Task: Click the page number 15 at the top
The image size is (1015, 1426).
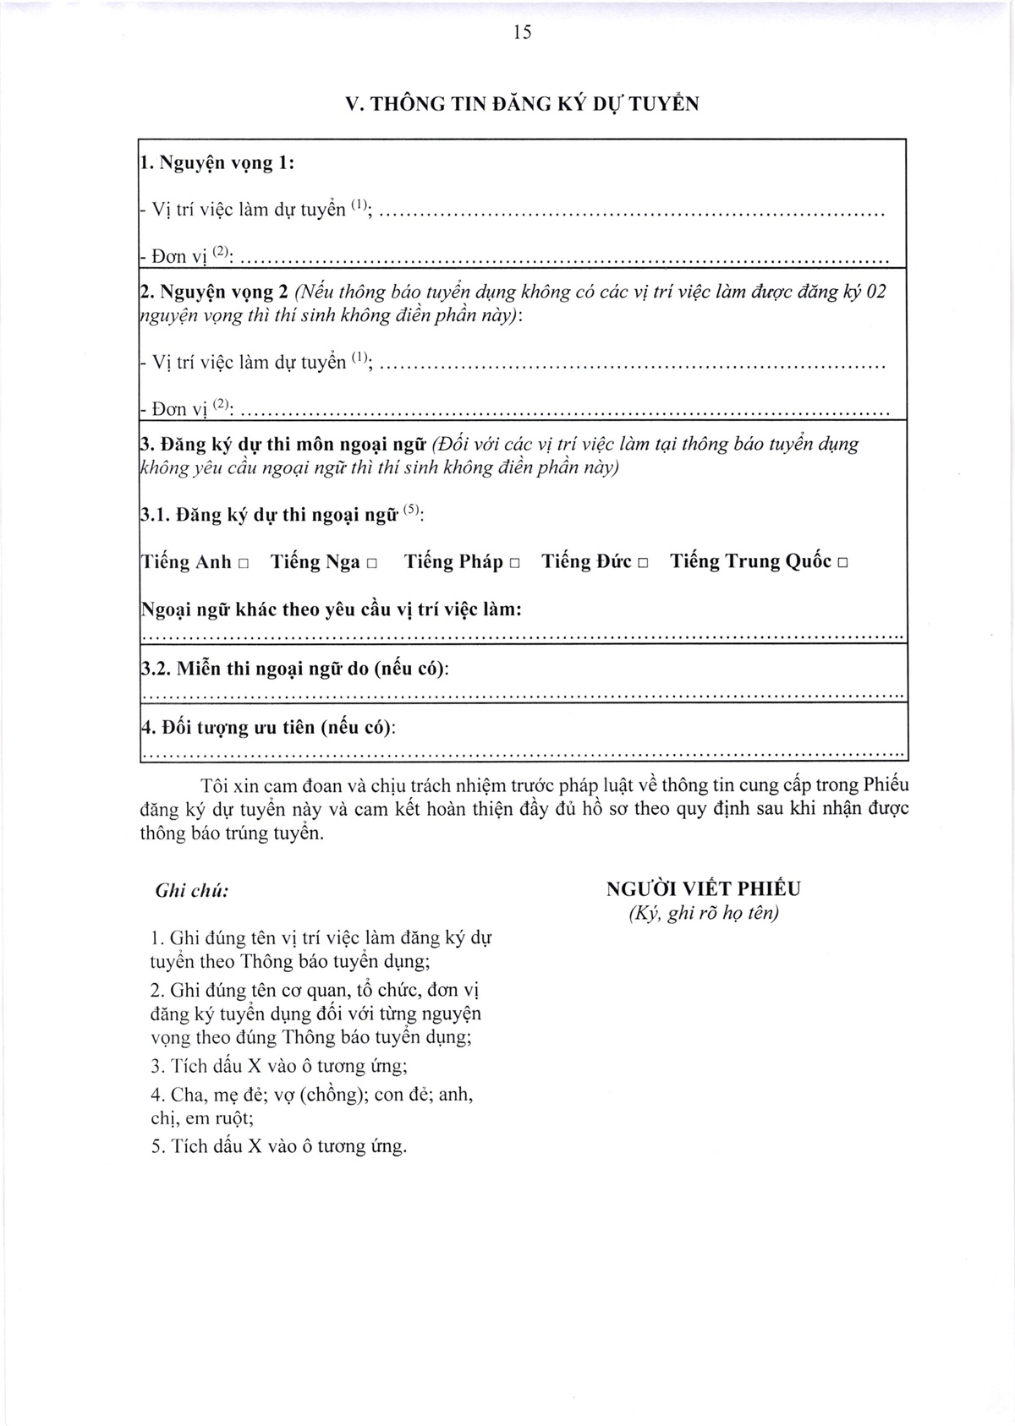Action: (x=522, y=32)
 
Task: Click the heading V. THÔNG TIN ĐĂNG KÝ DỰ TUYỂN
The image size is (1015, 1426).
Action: (x=523, y=104)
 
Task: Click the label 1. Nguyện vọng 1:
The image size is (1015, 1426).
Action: (x=217, y=163)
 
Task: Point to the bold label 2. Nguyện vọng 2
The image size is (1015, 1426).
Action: (x=216, y=292)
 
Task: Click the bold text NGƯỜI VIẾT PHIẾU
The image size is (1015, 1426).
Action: (x=704, y=888)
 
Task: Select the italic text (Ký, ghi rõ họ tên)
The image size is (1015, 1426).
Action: (x=704, y=913)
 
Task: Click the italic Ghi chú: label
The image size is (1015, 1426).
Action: (x=192, y=891)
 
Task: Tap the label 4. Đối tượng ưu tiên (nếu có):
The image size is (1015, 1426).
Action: (x=269, y=727)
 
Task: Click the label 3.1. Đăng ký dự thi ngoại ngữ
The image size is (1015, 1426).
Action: (x=283, y=516)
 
